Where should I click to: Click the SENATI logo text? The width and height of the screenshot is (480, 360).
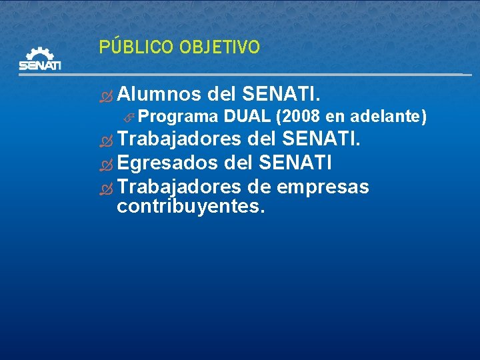tap(40, 65)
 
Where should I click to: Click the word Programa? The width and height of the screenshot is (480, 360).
tap(179, 117)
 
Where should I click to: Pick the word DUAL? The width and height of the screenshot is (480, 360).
tap(247, 117)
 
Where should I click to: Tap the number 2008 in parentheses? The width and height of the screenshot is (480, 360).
tap(296, 117)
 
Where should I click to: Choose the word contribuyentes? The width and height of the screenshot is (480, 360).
tap(191, 206)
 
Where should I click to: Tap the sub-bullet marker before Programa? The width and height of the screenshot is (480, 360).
tap(130, 118)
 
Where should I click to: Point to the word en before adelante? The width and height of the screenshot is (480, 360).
tap(335, 117)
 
